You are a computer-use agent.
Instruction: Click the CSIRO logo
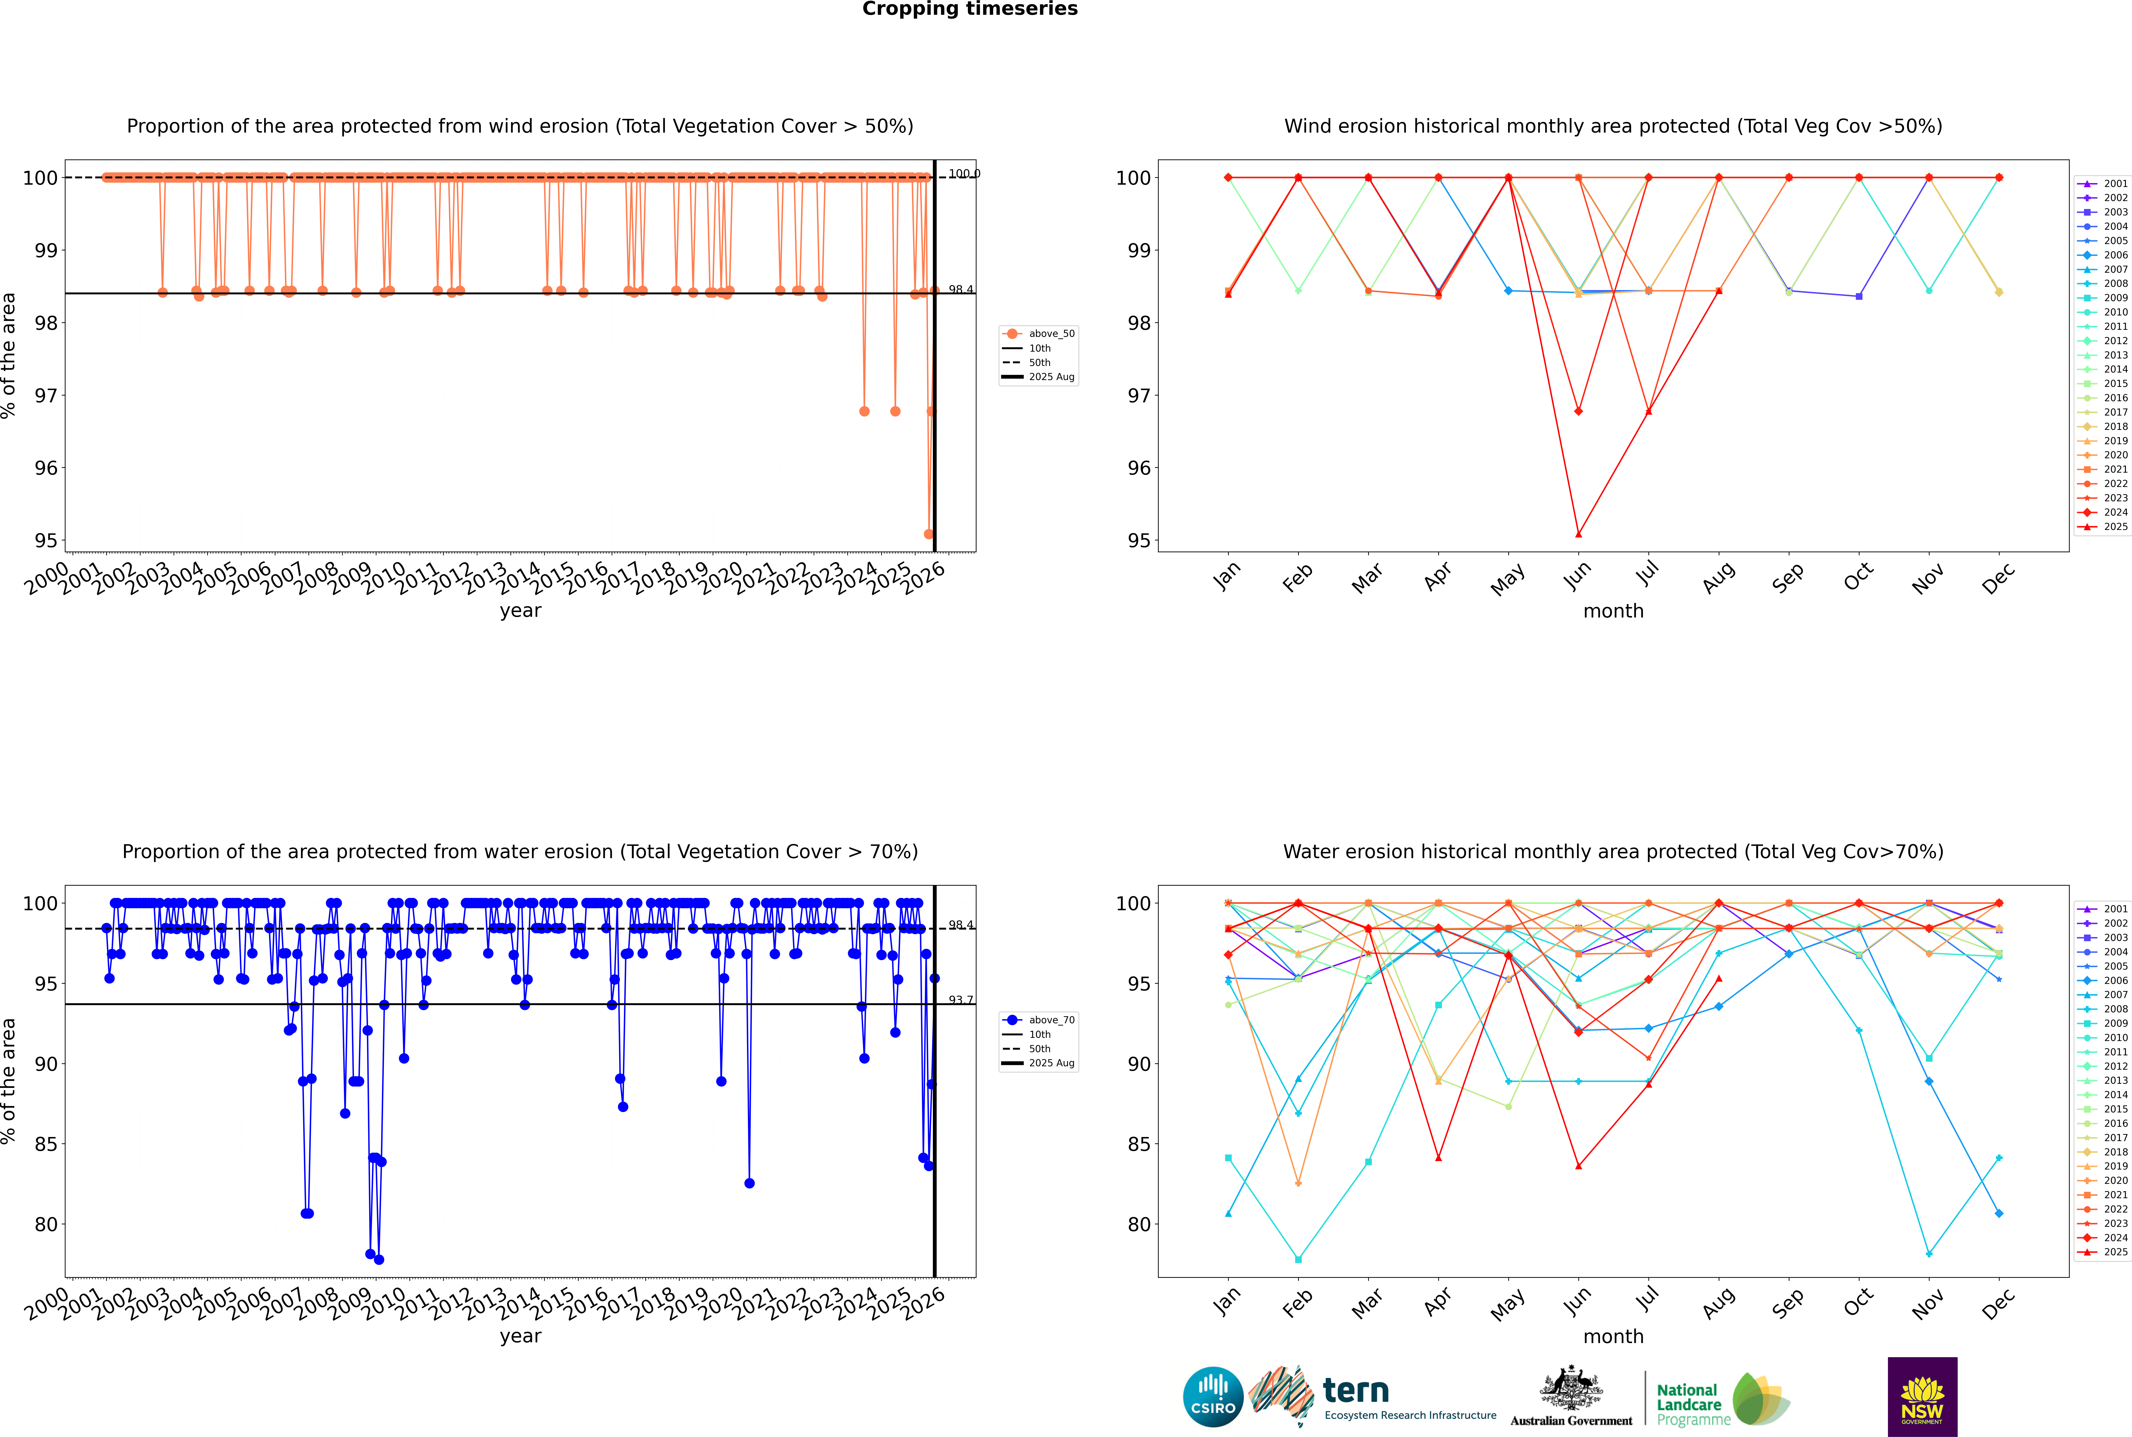pyautogui.click(x=1213, y=1397)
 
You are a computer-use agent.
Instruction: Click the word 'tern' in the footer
pyautogui.click(x=1356, y=1391)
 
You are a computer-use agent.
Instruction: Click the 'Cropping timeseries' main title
pyautogui.click(x=970, y=9)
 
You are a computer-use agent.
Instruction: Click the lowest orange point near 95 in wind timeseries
pyautogui.click(x=928, y=534)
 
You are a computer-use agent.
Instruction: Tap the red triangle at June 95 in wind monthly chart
pyautogui.click(x=1578, y=534)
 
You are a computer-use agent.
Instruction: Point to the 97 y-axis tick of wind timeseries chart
pyautogui.click(x=46, y=396)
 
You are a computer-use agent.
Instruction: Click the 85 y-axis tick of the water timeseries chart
pyautogui.click(x=46, y=1145)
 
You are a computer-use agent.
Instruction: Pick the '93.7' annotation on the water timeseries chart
pyautogui.click(x=961, y=1000)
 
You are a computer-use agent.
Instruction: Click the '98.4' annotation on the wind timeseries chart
pyautogui.click(x=961, y=290)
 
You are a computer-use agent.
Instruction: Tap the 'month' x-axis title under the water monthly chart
pyautogui.click(x=1613, y=1336)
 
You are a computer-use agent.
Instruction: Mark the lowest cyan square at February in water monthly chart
pyautogui.click(x=1298, y=1259)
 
